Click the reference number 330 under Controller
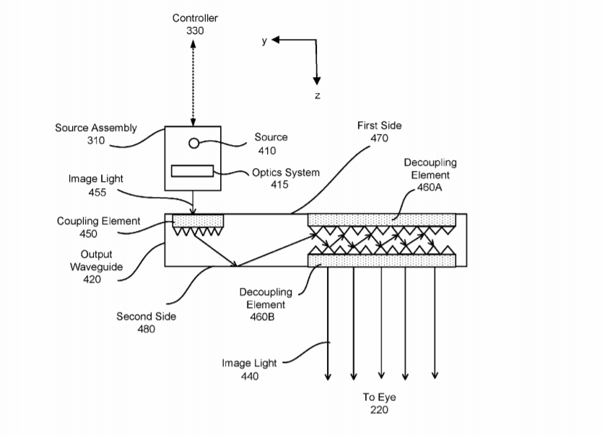pyautogui.click(x=195, y=30)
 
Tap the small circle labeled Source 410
pyautogui.click(x=193, y=143)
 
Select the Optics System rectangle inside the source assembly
pyautogui.click(x=193, y=171)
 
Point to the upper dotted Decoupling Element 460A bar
pyautogui.click(x=382, y=219)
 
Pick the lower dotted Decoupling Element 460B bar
pyautogui.click(x=382, y=260)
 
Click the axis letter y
pyautogui.click(x=264, y=41)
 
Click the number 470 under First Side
pyautogui.click(x=380, y=139)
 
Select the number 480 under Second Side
pyautogui.click(x=146, y=329)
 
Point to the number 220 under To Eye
pyautogui.click(x=379, y=410)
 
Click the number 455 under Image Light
pyautogui.click(x=97, y=193)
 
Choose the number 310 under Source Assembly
pyautogui.click(x=95, y=141)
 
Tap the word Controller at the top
pyautogui.click(x=195, y=18)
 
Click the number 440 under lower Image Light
pyautogui.click(x=249, y=376)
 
